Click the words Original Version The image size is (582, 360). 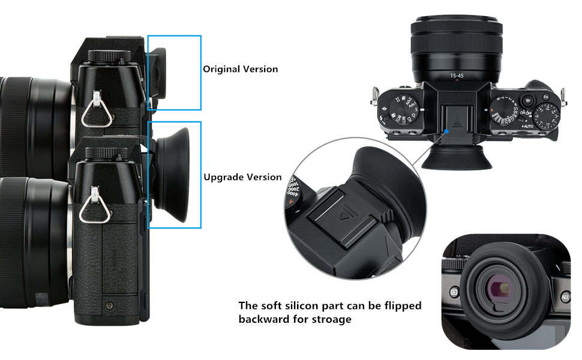point(240,69)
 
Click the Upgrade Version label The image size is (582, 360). point(242,177)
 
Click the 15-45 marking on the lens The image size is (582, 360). point(458,76)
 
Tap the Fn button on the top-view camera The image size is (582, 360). point(545,97)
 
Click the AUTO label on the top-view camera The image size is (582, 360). point(527,127)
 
